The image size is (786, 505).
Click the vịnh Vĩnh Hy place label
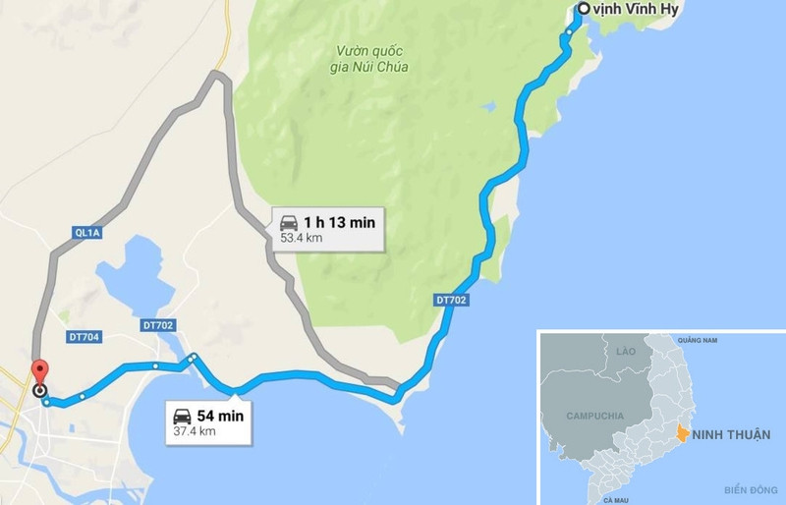coord(638,10)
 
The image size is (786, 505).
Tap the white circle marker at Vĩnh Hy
coord(584,10)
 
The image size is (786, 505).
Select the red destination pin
coord(40,373)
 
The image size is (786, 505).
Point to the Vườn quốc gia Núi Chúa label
coord(371,58)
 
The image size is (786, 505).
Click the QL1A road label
coord(87,233)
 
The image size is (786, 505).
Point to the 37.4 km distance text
coord(195,430)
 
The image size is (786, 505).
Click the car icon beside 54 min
coord(182,415)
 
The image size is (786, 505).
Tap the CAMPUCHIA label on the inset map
coord(595,416)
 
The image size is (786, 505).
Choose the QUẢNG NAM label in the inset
coord(696,341)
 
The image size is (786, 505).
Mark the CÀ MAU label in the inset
coord(616,500)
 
